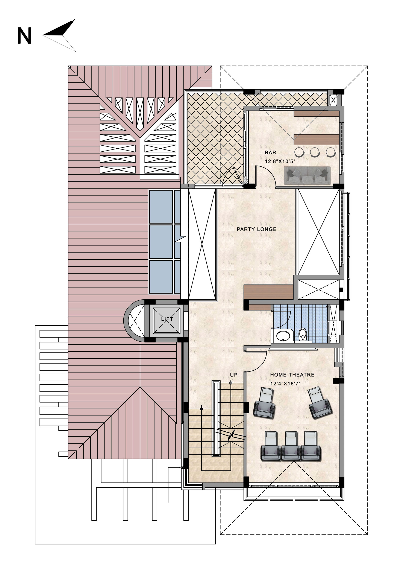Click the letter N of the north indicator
click(24, 36)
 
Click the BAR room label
click(270, 153)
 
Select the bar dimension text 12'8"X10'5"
click(280, 161)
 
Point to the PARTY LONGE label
click(256, 229)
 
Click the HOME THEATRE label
click(292, 375)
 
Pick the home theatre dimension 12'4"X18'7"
click(285, 384)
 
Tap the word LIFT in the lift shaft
click(167, 319)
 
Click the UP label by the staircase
click(234, 375)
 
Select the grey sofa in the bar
click(307, 175)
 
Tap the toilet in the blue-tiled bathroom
click(302, 334)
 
